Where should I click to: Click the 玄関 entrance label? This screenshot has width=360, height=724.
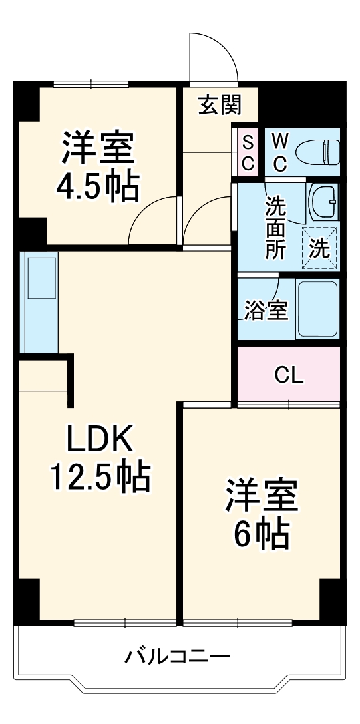tap(219, 105)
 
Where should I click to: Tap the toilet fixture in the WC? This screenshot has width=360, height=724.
tap(317, 152)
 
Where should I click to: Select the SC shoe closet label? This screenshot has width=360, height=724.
tap(248, 152)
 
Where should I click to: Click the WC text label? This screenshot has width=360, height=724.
tap(280, 152)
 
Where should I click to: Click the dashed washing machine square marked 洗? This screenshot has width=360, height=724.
tap(320, 248)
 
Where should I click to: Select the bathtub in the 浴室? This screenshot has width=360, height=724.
tap(317, 308)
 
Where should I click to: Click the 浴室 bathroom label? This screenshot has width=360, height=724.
tap(266, 310)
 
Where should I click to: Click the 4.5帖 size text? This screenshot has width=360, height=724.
tap(98, 187)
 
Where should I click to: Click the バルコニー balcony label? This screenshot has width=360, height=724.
tap(178, 657)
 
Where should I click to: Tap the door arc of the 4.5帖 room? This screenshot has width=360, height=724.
tap(153, 220)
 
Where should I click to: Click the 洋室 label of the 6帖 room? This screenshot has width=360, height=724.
tap(261, 495)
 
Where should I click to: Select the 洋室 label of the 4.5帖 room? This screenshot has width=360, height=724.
tap(98, 149)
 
